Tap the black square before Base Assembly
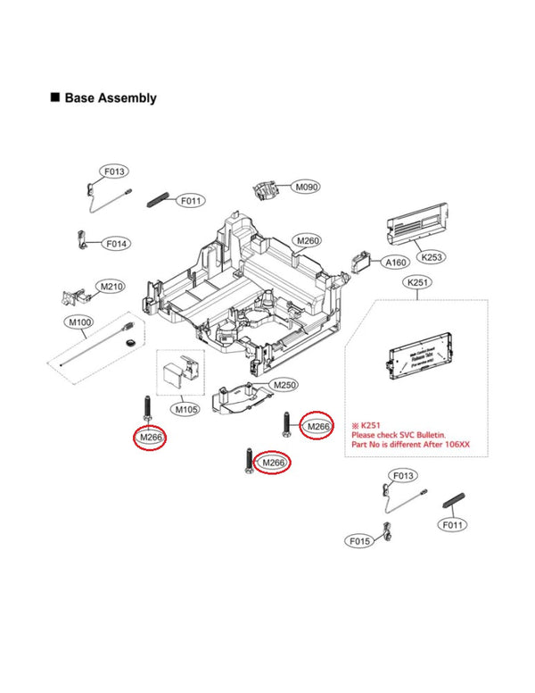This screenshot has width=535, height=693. click(x=55, y=97)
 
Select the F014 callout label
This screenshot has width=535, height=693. click(x=117, y=244)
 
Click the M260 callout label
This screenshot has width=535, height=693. click(x=308, y=241)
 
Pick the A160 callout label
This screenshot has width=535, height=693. click(x=395, y=263)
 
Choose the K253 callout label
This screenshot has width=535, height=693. click(x=431, y=256)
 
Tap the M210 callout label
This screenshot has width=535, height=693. click(x=111, y=287)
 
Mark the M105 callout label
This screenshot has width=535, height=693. click(x=186, y=409)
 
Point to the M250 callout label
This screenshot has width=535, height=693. click(x=284, y=384)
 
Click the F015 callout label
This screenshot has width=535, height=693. click(x=359, y=541)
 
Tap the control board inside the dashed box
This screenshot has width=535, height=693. click(x=416, y=362)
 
